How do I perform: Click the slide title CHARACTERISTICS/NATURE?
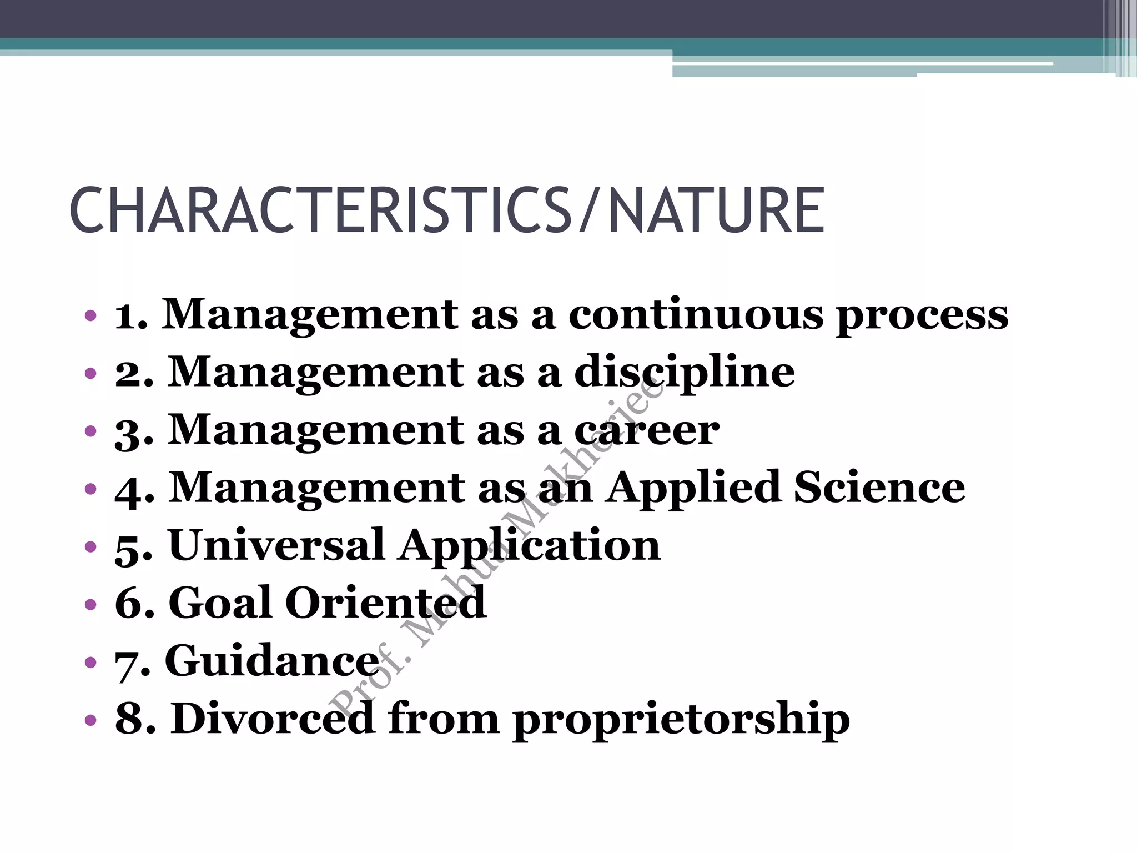(447, 211)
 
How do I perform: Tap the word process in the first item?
(922, 315)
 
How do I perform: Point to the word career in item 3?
(646, 430)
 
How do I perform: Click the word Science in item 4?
(879, 488)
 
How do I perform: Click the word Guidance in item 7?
(272, 661)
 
